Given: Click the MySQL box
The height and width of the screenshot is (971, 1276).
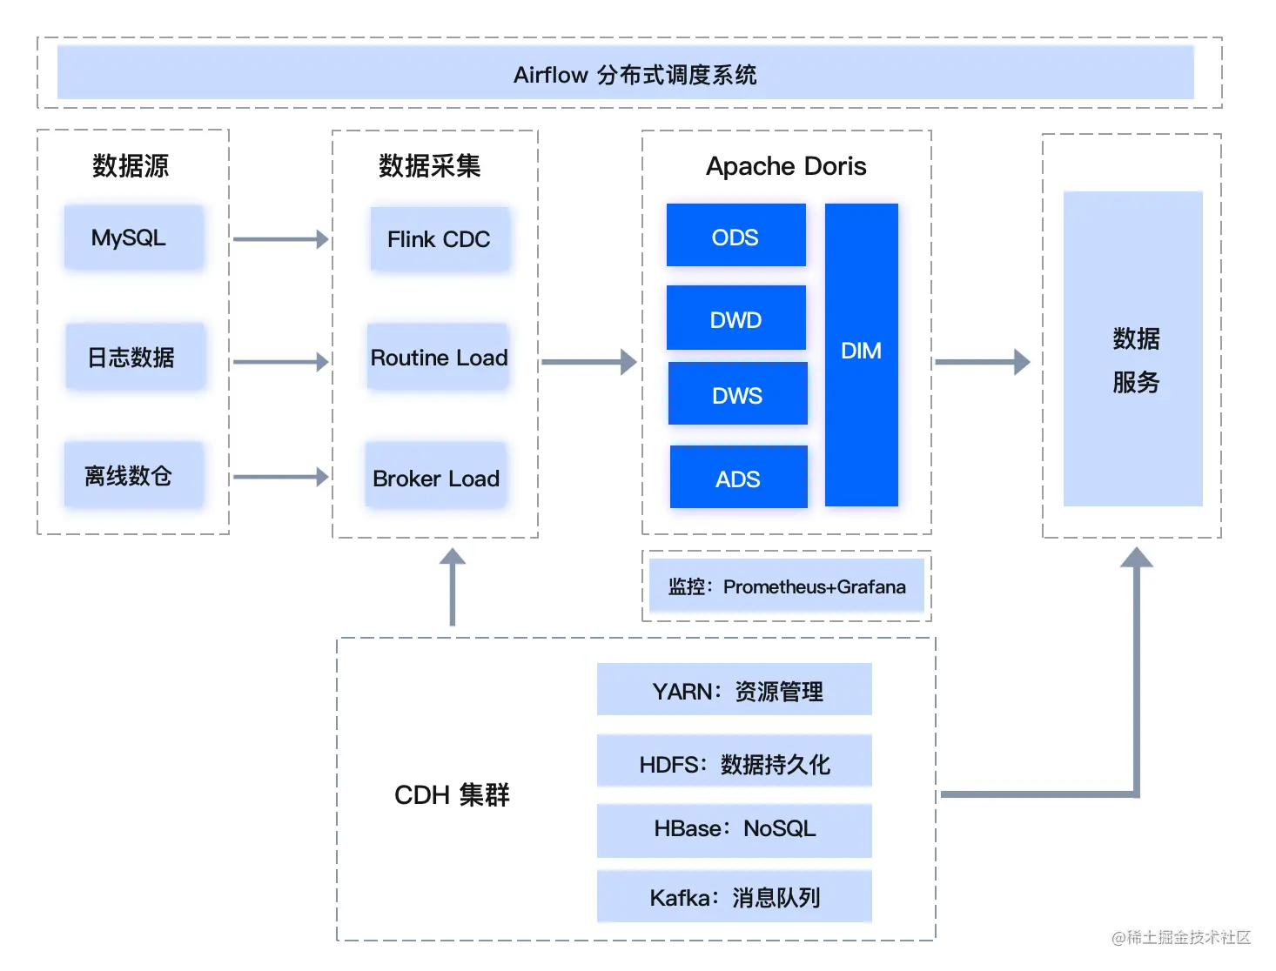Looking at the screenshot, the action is pos(134,237).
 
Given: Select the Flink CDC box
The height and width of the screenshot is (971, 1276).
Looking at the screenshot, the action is pos(440,238).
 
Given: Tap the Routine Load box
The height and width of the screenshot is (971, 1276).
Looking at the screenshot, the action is pos(438,356).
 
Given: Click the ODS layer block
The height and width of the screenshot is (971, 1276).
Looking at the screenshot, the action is pos(735,235).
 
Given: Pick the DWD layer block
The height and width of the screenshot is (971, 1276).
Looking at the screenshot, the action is pos(735,318).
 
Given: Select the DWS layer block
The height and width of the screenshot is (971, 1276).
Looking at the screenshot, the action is pos(737,393).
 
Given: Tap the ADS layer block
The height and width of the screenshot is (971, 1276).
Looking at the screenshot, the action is pos(738,477).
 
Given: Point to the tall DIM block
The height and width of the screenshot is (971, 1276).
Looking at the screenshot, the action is pos(861,354).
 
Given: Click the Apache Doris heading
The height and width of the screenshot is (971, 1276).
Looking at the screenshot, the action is pos(785,166).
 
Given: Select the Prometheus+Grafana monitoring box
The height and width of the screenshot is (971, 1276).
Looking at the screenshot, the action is pos(786,585).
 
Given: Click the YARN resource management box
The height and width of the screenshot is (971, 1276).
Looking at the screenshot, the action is pos(735,688).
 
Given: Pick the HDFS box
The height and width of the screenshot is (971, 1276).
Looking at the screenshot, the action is pos(735,760).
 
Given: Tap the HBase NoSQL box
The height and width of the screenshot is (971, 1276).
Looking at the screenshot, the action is pos(735,830).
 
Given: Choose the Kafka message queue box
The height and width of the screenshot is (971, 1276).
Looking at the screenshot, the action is pos(735,895).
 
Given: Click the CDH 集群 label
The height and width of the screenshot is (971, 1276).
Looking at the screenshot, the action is pos(452,794).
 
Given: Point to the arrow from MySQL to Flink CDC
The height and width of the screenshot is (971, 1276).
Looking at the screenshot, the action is pos(281,238).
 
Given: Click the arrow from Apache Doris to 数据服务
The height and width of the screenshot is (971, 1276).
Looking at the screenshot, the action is pos(983,361).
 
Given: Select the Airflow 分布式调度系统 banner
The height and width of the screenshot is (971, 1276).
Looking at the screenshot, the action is pos(625,72).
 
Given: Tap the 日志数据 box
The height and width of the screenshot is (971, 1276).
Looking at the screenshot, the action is pos(136,356).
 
